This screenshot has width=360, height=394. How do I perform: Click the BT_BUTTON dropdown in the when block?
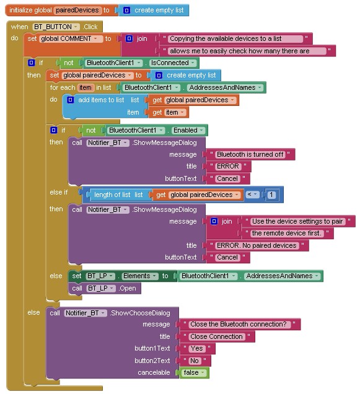[56, 27]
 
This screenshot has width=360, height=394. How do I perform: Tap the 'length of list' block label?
[118, 195]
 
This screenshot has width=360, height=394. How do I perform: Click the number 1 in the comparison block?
[271, 195]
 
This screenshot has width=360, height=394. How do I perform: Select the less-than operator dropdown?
[252, 195]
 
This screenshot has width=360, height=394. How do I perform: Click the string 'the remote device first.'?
[286, 233]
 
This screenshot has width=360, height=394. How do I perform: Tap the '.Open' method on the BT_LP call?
[128, 288]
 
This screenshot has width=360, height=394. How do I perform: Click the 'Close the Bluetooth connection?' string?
[239, 324]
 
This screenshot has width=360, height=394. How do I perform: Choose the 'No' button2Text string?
[194, 361]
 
